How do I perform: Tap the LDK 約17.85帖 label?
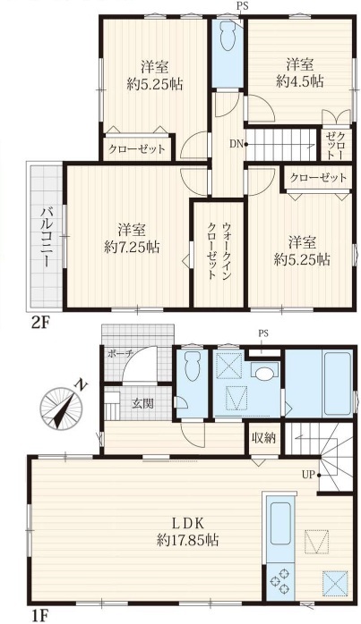(x=187, y=531)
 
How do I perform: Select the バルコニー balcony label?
(x=45, y=237)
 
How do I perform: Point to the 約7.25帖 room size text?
(x=132, y=247)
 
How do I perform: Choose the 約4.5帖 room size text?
(x=300, y=81)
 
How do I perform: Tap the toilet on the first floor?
(x=193, y=366)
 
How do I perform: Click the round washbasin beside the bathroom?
(x=264, y=374)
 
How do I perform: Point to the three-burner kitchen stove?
(x=279, y=582)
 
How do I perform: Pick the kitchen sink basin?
(x=279, y=522)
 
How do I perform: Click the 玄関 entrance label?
(x=142, y=403)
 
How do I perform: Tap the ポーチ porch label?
(x=120, y=354)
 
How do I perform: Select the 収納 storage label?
(x=263, y=438)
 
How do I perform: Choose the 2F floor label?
(x=39, y=323)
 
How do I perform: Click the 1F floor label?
(x=39, y=616)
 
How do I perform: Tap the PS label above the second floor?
(x=241, y=6)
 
